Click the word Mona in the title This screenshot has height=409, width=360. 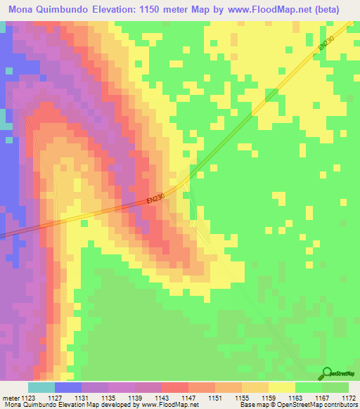coord(21,8)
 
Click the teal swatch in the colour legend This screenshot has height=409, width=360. coord(41,387)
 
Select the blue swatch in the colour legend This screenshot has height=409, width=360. coord(67,387)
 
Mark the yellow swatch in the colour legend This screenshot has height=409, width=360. coord(281,387)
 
